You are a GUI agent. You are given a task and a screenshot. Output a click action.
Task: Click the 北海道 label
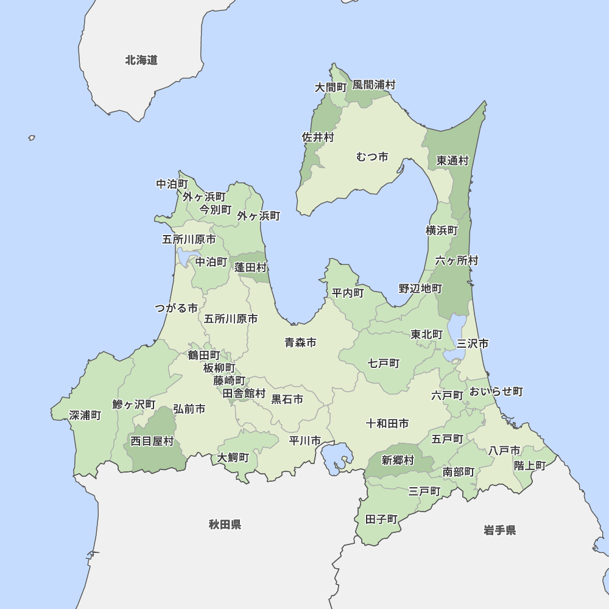click(x=141, y=60)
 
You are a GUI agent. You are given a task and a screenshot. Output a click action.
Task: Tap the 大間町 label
click(x=330, y=88)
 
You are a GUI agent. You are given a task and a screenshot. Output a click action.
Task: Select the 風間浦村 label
click(x=374, y=85)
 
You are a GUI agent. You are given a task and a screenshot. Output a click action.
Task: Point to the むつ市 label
click(x=372, y=157)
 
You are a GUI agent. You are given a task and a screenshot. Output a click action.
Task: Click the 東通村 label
click(x=452, y=161)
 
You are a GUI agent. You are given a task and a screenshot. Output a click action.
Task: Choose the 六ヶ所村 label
click(x=457, y=261)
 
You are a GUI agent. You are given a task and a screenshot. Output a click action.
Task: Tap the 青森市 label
click(x=300, y=343)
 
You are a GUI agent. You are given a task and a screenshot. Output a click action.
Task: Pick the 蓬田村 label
click(x=251, y=267)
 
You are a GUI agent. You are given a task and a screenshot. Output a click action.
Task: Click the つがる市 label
click(x=176, y=308)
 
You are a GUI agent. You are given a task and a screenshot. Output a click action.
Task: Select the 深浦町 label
click(x=85, y=415)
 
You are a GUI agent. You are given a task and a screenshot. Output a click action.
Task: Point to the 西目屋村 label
click(x=152, y=441)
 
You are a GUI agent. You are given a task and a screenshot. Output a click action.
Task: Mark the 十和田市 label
click(x=387, y=423)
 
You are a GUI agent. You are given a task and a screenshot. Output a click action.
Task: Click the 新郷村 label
click(x=398, y=460)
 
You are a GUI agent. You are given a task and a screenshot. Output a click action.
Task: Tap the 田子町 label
click(x=381, y=519)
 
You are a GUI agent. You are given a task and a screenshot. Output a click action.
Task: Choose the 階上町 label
click(x=530, y=465)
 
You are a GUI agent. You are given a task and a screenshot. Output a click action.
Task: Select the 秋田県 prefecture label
click(x=225, y=524)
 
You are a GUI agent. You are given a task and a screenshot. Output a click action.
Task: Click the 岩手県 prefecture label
click(x=500, y=530)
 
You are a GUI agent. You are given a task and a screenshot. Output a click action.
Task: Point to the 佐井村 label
click(x=318, y=138)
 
